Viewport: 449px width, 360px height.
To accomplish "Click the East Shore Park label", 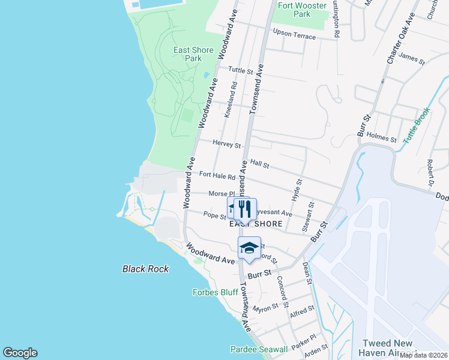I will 193,54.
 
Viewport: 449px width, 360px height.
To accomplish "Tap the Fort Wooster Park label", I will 303,10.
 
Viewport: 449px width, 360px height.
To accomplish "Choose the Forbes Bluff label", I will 215,292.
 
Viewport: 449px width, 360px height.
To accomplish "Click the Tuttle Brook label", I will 417,125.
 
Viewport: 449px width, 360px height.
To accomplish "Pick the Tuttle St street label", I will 241,70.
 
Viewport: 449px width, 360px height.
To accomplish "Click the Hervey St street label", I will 227,145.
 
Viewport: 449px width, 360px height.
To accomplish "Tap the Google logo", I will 20,353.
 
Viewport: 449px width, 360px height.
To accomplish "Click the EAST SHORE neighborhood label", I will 256,224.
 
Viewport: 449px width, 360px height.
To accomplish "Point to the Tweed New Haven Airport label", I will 387,347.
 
